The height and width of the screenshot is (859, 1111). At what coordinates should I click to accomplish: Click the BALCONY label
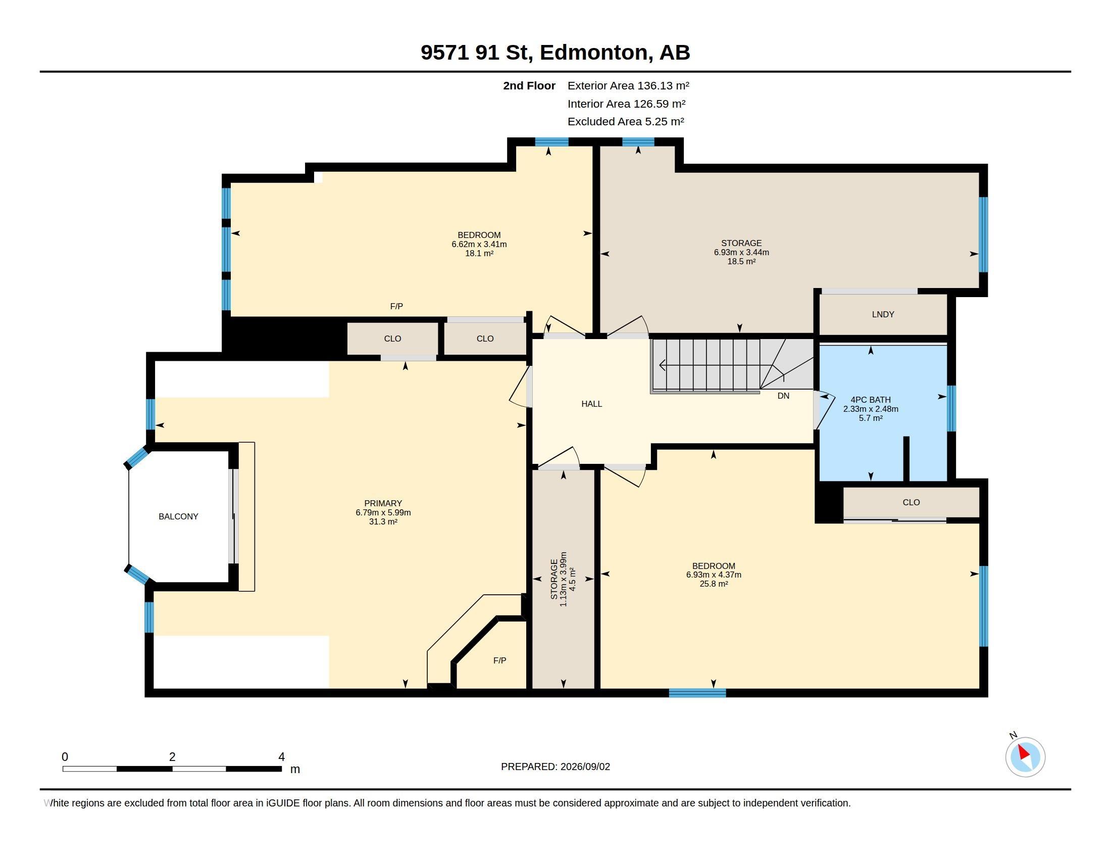point(178,516)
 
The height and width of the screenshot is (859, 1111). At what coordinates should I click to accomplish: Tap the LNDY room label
point(883,314)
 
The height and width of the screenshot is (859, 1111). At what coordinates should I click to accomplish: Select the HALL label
point(592,404)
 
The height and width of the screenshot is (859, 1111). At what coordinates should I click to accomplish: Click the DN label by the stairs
point(783,396)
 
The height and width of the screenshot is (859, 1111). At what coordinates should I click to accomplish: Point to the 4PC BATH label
point(871,400)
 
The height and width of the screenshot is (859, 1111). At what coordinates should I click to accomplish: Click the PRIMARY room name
point(383,503)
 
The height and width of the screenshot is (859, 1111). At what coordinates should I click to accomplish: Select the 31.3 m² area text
point(383,521)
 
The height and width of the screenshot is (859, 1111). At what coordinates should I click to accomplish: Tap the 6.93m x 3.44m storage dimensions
point(741,253)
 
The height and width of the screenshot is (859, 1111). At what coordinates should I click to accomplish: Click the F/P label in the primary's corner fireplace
point(499,660)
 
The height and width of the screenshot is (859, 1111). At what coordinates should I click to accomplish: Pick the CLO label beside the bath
point(911,502)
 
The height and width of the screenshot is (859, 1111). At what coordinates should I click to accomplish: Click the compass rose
point(1025,757)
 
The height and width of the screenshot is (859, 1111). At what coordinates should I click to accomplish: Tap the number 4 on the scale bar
point(281,757)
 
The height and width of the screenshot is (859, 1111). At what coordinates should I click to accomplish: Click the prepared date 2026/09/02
point(585,767)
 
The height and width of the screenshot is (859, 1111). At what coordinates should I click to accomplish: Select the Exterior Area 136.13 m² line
point(628,85)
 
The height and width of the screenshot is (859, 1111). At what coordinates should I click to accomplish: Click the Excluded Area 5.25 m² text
point(626,122)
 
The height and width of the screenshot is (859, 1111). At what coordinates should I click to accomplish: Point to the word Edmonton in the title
point(594,53)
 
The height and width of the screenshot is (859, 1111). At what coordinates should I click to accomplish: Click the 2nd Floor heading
point(529,85)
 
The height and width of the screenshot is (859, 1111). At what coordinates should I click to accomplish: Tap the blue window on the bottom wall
point(697,693)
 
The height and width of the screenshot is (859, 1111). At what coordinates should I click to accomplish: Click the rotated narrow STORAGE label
point(554,579)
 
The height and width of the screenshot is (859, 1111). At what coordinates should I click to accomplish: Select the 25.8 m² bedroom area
point(714,584)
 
